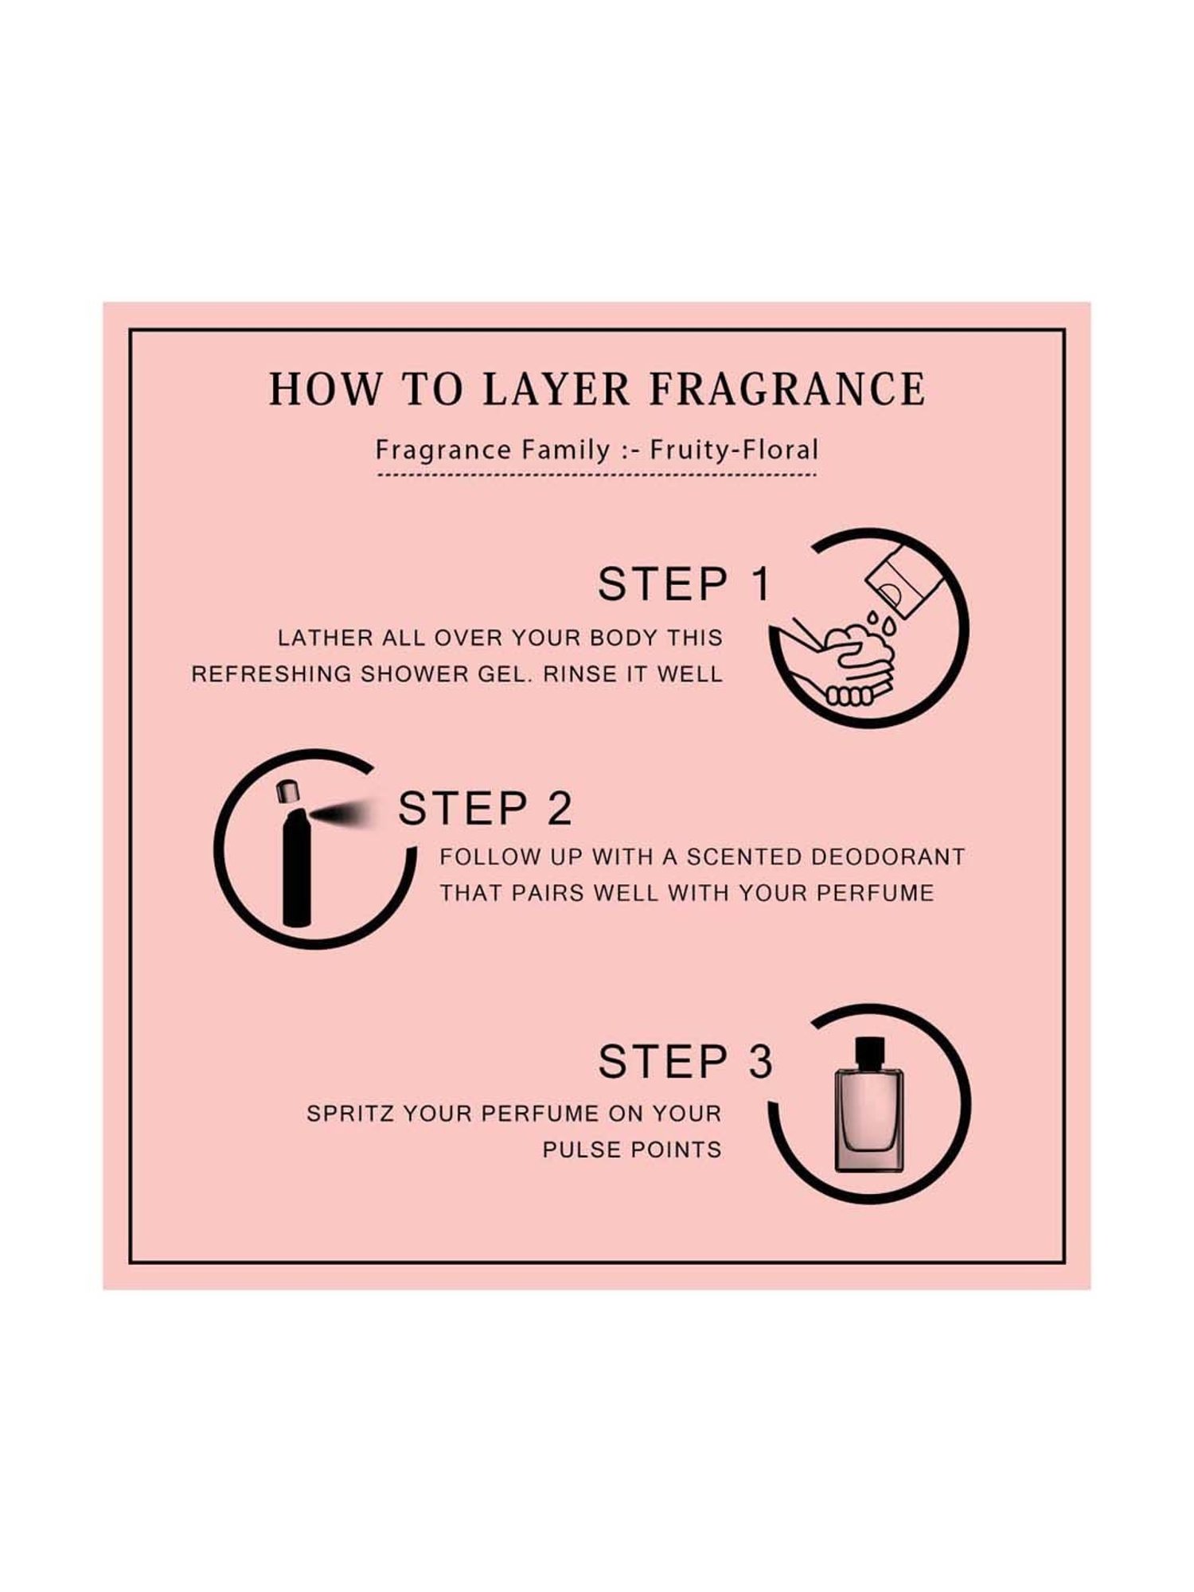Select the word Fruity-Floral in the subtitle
point(734,450)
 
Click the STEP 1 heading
point(685,584)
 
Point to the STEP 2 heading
point(485,809)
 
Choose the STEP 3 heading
point(685,1061)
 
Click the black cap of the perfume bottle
point(870,1051)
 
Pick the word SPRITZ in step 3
point(350,1114)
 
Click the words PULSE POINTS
point(632,1149)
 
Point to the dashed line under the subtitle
point(596,475)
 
